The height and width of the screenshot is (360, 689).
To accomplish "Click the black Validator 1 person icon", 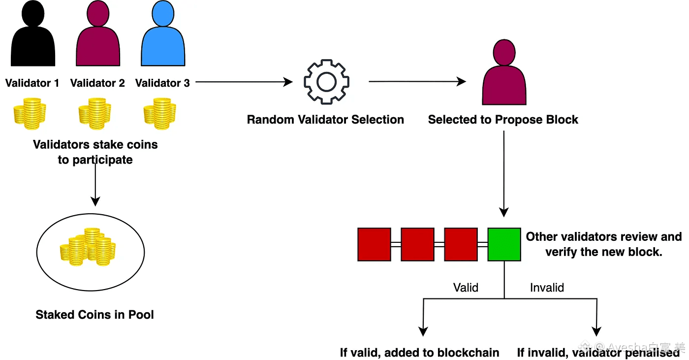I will pyautogui.click(x=32, y=37).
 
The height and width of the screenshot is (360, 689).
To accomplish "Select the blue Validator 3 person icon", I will pyautogui.click(x=163, y=37).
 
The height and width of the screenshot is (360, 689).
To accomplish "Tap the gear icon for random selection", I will pyautogui.click(x=326, y=82).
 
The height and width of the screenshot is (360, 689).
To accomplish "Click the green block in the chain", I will pyautogui.click(x=504, y=244).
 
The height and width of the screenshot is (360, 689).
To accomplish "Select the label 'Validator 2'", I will pyautogui.click(x=97, y=83).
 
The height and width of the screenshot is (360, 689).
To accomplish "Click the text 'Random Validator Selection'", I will pyautogui.click(x=325, y=120).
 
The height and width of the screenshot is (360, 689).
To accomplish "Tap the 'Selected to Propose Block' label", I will pyautogui.click(x=503, y=120).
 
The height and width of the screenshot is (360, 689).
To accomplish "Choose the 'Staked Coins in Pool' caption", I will pyautogui.click(x=94, y=315).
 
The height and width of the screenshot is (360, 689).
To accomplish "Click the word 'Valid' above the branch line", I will pyautogui.click(x=466, y=287).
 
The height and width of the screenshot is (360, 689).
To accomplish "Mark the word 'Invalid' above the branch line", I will pyautogui.click(x=547, y=287).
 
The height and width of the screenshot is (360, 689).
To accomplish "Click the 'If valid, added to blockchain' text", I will pyautogui.click(x=419, y=353).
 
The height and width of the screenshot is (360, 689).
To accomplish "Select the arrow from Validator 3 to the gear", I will pyautogui.click(x=244, y=82).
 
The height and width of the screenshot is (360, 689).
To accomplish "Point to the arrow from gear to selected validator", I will pyautogui.click(x=417, y=82).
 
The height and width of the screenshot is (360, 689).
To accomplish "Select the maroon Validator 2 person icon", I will pyautogui.click(x=98, y=37).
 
